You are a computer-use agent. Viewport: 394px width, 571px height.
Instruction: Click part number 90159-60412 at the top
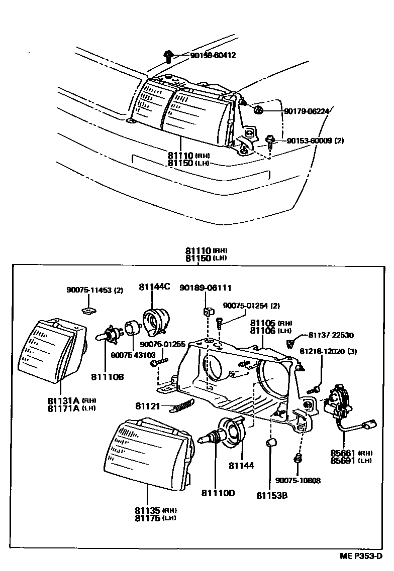tap(213, 55)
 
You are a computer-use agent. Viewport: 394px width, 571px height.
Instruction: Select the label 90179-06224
tap(307, 111)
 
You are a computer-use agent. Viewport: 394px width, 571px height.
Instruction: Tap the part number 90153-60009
tap(310, 141)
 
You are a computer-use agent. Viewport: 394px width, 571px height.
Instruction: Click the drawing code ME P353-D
tap(361, 557)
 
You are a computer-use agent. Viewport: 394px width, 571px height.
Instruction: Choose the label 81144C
tap(154, 287)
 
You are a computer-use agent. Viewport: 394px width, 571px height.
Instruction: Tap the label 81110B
tap(107, 376)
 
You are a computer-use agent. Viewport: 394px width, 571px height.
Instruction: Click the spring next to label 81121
tap(182, 405)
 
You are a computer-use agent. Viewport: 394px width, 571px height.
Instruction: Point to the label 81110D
tap(218, 493)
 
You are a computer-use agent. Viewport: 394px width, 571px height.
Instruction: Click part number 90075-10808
tap(298, 481)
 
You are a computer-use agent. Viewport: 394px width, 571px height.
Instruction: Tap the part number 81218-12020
tap(329, 351)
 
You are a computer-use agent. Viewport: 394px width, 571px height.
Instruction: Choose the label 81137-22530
tap(331, 335)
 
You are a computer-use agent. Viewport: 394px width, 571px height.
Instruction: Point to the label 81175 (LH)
tap(155, 518)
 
